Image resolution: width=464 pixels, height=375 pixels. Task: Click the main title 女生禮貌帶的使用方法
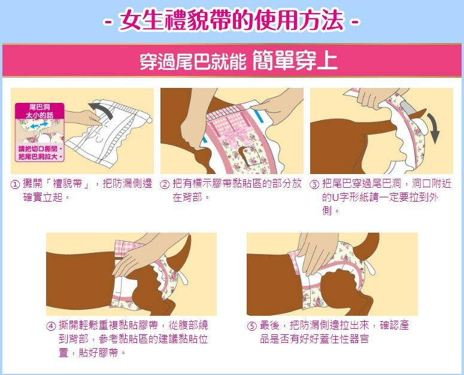(232, 20)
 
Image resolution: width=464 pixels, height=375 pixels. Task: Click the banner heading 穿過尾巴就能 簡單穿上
(238, 61)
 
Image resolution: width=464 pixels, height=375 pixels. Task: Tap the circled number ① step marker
(14, 185)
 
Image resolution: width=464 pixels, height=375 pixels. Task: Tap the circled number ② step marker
(165, 185)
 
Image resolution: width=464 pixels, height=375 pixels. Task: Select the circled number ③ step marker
(314, 185)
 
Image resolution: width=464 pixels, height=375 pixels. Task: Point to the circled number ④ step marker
(51, 326)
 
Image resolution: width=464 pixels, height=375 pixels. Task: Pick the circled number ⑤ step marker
(251, 326)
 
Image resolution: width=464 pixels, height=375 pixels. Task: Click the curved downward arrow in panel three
(433, 128)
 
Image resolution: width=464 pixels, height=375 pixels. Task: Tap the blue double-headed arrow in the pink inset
(39, 125)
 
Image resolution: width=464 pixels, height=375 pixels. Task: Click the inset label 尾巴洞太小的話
(40, 111)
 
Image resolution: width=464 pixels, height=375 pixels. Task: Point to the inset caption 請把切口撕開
(40, 149)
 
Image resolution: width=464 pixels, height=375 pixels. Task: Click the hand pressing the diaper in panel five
(317, 252)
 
